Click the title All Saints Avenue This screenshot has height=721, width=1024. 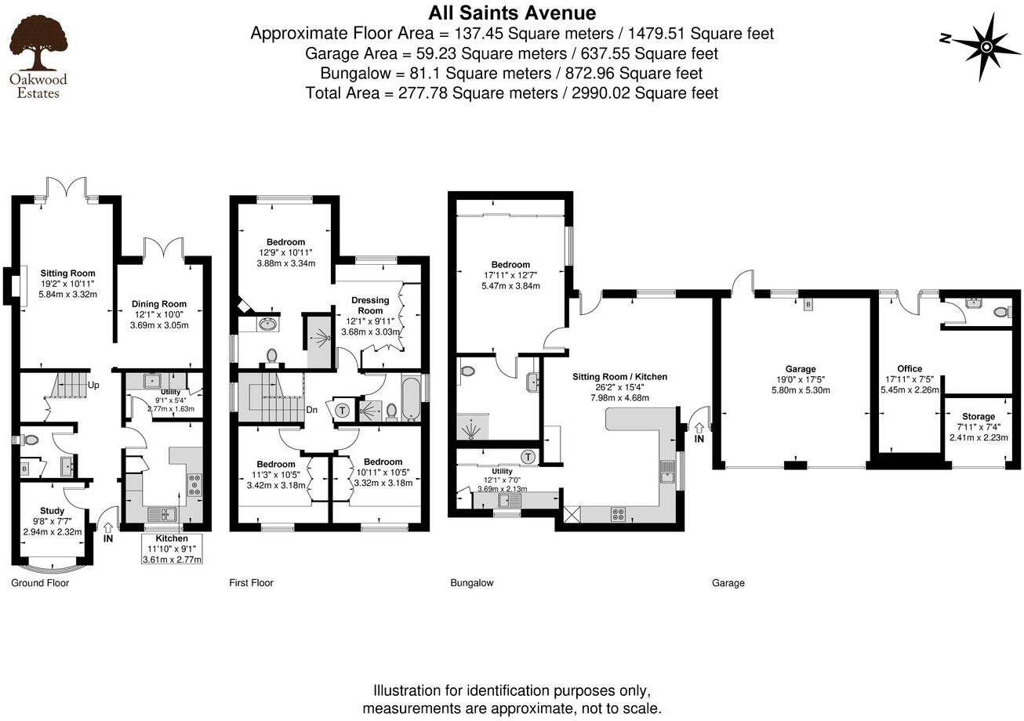point(511,13)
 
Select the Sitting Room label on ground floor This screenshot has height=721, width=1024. point(67,274)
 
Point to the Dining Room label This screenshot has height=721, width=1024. point(159,304)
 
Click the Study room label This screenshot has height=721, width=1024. point(52,511)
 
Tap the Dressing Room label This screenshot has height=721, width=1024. point(370,306)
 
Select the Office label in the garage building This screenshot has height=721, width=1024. point(910,368)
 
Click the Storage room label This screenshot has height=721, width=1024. point(978,416)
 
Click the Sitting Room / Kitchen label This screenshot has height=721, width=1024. point(619,377)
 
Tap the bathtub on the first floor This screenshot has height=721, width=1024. point(411,400)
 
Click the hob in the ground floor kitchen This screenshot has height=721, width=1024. point(193,484)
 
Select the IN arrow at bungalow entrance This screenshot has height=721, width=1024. point(698,433)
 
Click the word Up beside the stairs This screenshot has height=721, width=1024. point(93,386)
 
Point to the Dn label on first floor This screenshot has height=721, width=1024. point(311,409)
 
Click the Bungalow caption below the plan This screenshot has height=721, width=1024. point(471,583)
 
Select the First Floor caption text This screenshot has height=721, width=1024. point(251,583)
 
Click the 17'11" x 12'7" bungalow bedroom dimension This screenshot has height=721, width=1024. point(510,275)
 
